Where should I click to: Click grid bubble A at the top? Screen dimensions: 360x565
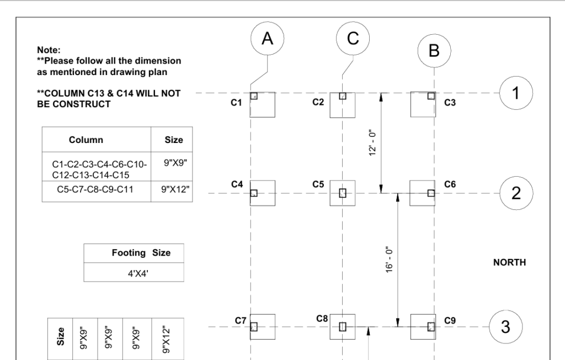(267, 39)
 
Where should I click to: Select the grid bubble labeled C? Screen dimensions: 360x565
(353, 39)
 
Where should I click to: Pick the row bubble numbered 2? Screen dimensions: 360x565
(515, 193)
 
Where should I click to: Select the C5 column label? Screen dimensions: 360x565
(318, 184)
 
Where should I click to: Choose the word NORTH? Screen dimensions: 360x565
(509, 263)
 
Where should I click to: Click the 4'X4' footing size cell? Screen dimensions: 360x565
(132, 272)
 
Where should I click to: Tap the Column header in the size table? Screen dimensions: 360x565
(86, 140)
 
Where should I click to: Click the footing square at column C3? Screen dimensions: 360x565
(423, 105)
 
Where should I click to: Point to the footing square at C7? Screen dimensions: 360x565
(262, 327)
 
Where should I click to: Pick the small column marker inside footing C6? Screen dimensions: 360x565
(431, 193)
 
